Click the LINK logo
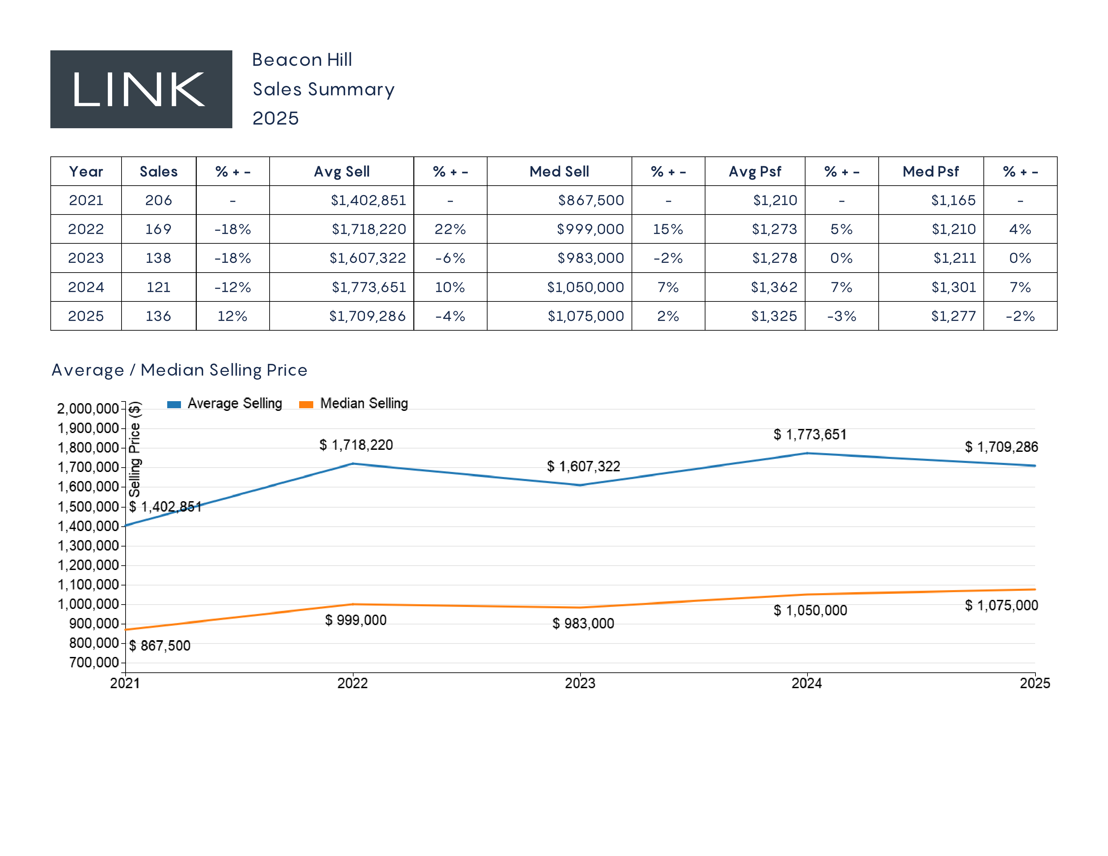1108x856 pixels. point(141,89)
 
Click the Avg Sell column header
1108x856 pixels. point(341,172)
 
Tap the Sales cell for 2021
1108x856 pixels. point(158,200)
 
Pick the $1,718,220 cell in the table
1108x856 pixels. point(368,229)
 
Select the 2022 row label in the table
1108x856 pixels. point(86,229)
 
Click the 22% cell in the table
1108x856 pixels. point(450,229)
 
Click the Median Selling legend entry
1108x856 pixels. point(354,403)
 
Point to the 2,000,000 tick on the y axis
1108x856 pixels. point(88,409)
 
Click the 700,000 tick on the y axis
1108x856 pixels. point(94,662)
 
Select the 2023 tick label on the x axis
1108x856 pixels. point(580,683)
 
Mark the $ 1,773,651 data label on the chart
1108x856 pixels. point(810,435)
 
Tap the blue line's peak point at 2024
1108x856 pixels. point(807,454)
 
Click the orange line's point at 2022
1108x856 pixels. point(353,604)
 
